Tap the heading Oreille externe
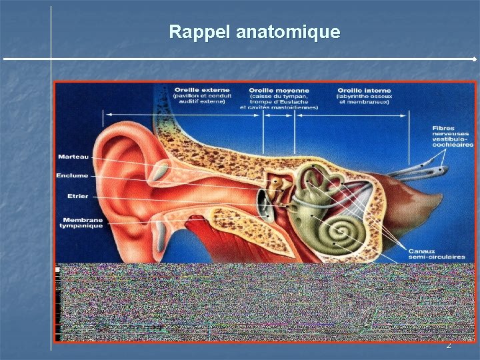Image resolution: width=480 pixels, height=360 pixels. click(x=202, y=89)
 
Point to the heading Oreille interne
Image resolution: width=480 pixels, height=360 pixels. click(x=364, y=90)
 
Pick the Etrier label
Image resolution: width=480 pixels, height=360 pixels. click(x=78, y=196)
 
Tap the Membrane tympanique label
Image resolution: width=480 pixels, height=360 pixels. click(x=83, y=223)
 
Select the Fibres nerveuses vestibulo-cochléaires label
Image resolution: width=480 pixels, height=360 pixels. click(x=452, y=136)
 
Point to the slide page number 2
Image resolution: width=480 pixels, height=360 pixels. click(x=449, y=345)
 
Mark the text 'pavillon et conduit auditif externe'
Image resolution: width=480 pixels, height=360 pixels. click(x=201, y=99)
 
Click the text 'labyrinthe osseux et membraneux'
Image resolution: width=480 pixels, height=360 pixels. click(x=364, y=99)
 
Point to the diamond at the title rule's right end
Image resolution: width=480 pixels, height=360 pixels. click(x=474, y=59)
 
